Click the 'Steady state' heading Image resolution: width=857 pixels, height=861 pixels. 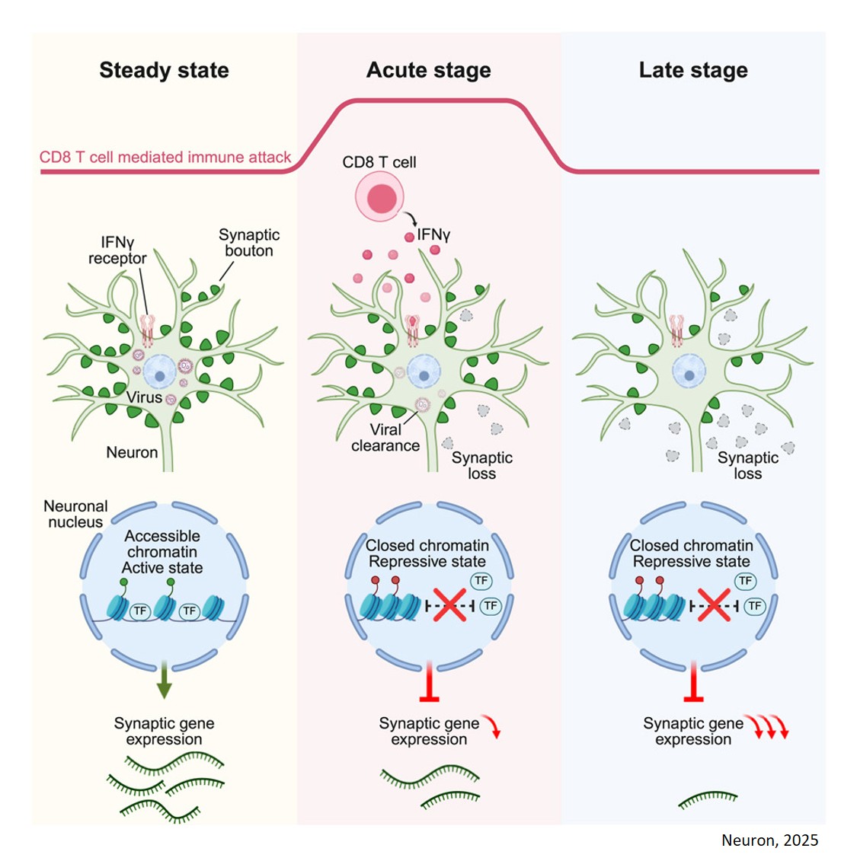[164, 70]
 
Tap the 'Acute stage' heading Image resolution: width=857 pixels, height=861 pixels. [428, 70]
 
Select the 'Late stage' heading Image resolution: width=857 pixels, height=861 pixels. [692, 70]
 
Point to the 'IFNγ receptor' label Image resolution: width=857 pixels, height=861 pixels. [117, 250]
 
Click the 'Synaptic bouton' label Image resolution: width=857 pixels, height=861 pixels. [249, 243]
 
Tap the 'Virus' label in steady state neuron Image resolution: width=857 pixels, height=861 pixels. [144, 397]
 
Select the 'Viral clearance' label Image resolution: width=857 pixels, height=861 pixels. [385, 438]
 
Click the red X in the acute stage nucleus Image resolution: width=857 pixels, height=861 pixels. [450, 605]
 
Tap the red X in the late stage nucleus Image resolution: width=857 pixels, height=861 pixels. [714, 605]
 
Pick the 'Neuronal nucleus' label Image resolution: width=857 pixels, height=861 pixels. [75, 514]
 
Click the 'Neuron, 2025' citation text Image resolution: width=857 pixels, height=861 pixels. [769, 840]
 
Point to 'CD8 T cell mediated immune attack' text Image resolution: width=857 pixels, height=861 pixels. [165, 158]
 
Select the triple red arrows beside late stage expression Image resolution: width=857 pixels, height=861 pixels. [766, 726]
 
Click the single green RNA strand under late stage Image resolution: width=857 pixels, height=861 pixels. [708, 799]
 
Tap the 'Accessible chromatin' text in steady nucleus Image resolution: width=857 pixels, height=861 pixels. [162, 544]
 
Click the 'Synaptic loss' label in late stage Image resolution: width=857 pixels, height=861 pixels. [747, 465]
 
